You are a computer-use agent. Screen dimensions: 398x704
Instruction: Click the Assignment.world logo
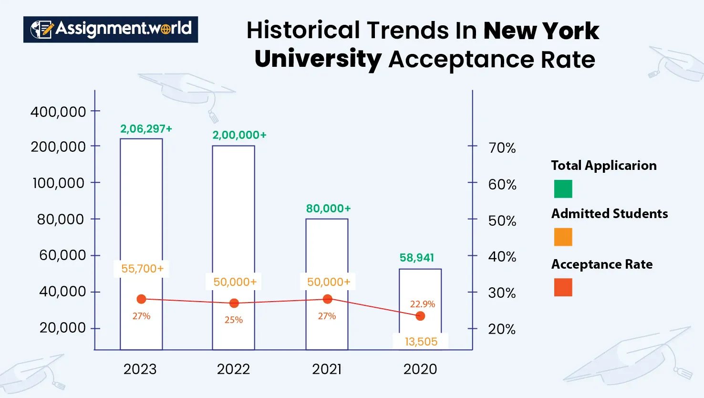coord(111,29)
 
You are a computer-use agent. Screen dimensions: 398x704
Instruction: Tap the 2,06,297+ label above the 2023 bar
coord(146,129)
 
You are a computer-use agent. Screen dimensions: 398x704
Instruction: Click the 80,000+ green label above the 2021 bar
coord(328,209)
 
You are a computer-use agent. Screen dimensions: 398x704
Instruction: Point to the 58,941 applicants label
coord(417,258)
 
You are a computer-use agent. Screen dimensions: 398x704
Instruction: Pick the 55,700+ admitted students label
coord(142,269)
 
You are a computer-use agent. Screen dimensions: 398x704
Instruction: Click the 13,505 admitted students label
coord(421,342)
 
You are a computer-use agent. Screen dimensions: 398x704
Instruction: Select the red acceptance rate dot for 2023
coord(141,299)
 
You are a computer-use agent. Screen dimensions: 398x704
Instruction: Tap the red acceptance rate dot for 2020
coord(420,316)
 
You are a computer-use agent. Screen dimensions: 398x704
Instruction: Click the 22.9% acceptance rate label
coord(423,304)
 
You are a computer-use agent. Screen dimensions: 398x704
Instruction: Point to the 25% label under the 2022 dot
coord(234,320)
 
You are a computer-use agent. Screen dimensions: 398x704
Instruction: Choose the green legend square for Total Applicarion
coord(563,189)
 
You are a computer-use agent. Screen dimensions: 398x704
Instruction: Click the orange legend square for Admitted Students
coord(563,237)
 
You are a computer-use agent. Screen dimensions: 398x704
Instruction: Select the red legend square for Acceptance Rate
coord(563,288)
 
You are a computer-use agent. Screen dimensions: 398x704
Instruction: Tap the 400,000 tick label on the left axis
coord(58,112)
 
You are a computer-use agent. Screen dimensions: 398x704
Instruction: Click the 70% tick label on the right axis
coord(502,148)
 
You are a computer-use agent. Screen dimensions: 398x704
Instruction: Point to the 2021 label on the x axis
coord(327,369)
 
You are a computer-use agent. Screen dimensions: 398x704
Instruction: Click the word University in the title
coord(318,60)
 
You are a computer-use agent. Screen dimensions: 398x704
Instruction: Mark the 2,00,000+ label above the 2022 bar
coord(239,135)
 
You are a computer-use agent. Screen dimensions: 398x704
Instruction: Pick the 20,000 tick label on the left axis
coord(62,328)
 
